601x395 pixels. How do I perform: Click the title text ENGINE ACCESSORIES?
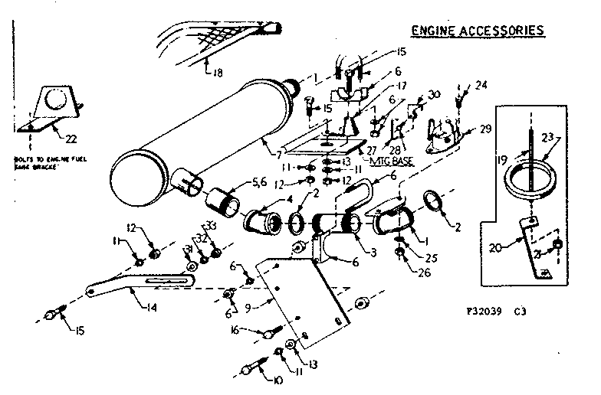[478, 31]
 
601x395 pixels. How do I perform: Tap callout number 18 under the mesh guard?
[219, 74]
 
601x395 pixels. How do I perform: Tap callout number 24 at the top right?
[481, 85]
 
